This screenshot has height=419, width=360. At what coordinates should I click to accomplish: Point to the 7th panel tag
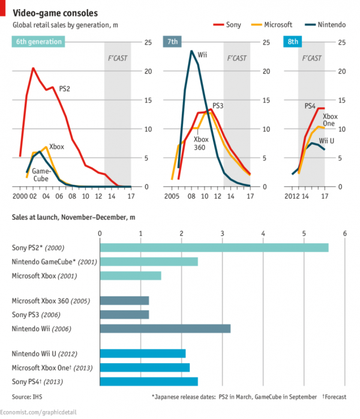point(172,41)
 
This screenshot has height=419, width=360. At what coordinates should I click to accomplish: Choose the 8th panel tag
point(293,41)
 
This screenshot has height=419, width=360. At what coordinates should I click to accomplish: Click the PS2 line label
point(65,89)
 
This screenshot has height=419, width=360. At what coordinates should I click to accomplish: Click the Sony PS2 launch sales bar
point(214,247)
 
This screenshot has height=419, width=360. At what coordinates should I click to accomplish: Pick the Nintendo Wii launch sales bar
point(165,328)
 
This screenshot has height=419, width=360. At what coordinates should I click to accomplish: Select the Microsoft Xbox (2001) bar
point(130,276)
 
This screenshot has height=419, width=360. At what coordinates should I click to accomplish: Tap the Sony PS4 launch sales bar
point(148,381)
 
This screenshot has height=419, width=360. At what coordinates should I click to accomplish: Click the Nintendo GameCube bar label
point(54,262)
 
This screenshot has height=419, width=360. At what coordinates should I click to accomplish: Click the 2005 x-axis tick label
point(173,196)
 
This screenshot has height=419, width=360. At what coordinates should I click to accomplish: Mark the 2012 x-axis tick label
point(292,196)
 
